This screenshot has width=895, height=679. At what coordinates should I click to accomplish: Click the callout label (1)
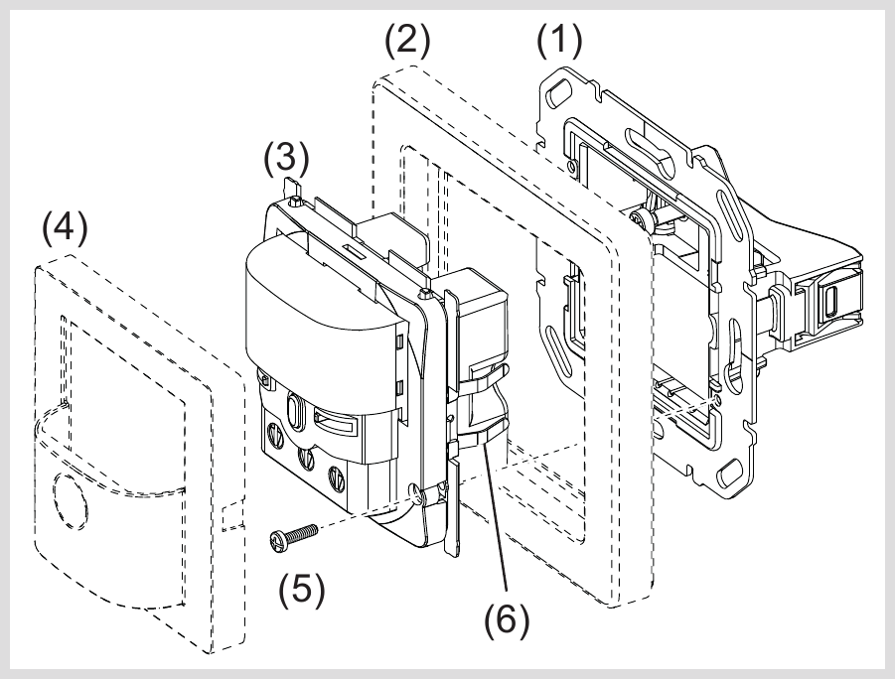click(559, 42)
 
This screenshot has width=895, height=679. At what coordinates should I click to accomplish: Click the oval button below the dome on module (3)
click(295, 410)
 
